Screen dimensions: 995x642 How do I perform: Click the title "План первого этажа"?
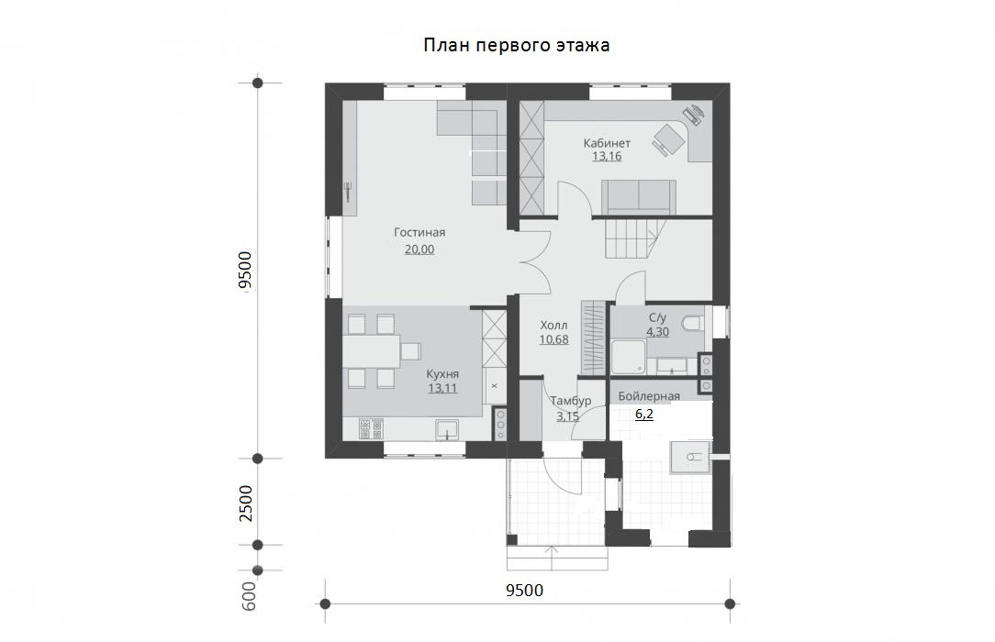(517, 46)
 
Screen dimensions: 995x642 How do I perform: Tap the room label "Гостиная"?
(419, 233)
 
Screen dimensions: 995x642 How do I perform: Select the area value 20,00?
(419, 249)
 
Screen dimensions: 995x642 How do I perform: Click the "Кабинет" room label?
(608, 143)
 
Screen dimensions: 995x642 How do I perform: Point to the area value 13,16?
(608, 157)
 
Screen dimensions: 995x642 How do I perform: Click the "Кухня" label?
(442, 374)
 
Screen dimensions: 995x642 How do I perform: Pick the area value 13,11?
(442, 389)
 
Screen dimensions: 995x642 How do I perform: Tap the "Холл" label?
(554, 326)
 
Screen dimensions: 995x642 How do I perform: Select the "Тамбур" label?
(571, 401)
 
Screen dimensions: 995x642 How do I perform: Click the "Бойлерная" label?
(649, 397)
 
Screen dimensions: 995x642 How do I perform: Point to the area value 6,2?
(644, 415)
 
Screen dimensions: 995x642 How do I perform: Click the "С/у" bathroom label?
(657, 317)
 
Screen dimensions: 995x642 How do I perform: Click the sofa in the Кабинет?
(638, 197)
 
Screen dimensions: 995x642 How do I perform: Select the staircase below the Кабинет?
(634, 239)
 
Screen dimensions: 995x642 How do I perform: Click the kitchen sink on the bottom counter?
(447, 430)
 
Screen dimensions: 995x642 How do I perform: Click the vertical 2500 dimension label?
(246, 504)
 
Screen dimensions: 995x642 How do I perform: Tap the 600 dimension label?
(250, 597)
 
